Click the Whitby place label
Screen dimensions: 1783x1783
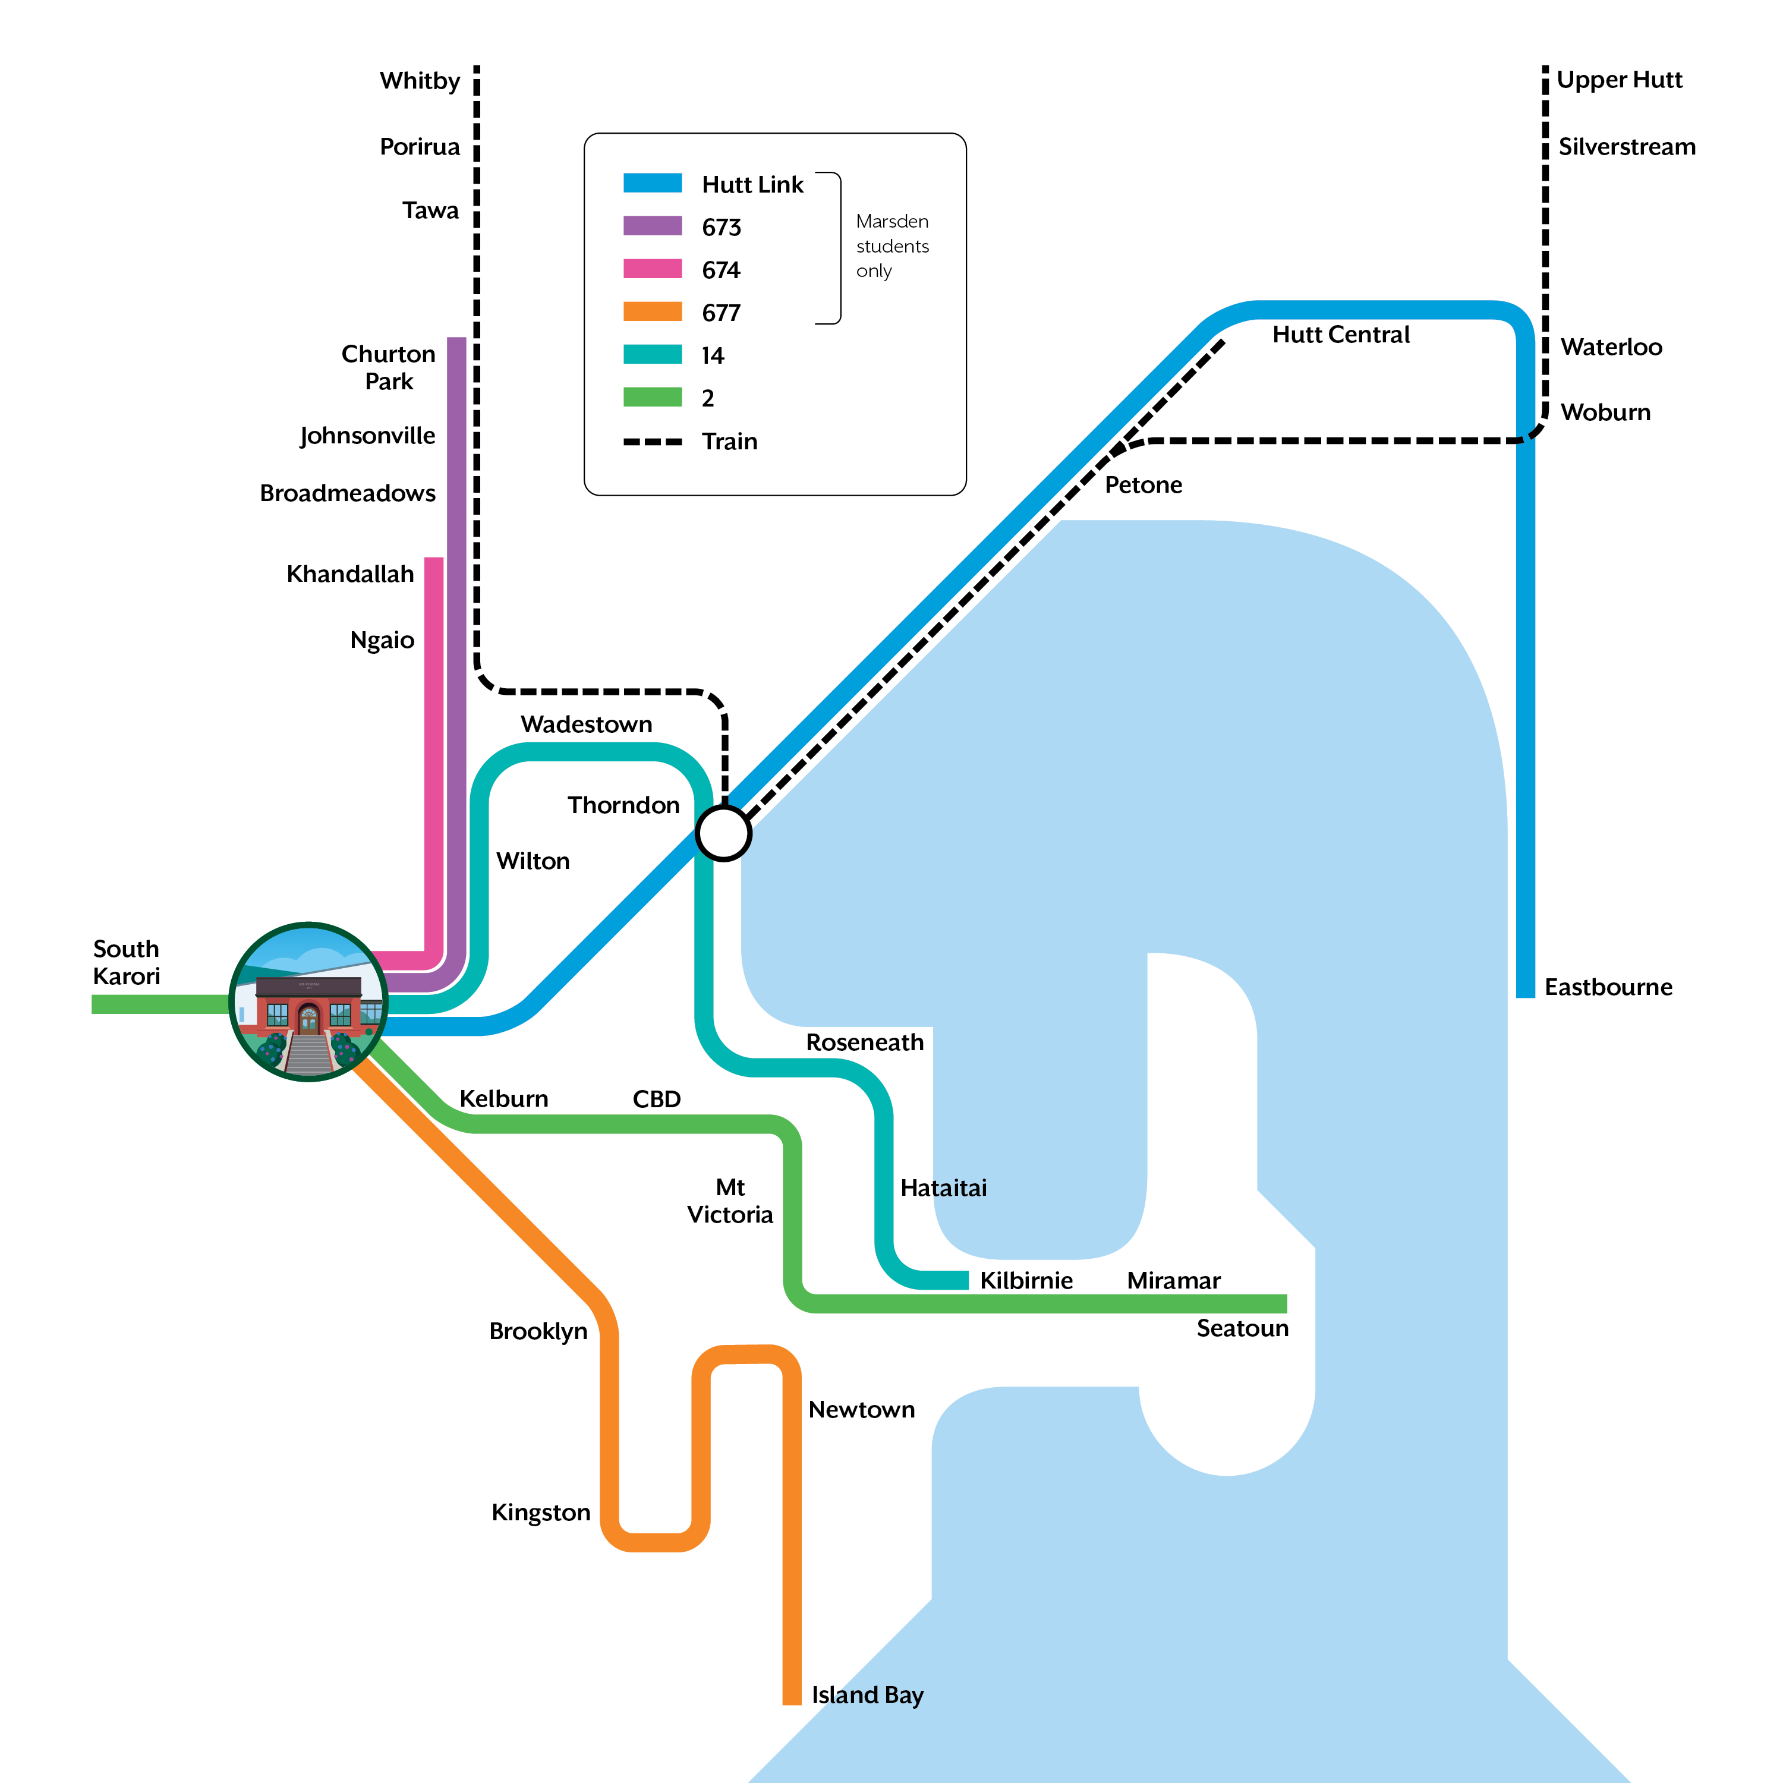click(420, 81)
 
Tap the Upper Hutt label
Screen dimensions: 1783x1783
click(1619, 80)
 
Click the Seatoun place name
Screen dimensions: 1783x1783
click(1242, 1329)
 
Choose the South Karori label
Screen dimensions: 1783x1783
click(127, 963)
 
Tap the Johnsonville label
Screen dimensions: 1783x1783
click(367, 436)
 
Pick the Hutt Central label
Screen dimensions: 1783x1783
click(1340, 335)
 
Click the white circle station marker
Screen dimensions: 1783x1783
click(723, 833)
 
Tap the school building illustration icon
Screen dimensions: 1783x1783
click(308, 1001)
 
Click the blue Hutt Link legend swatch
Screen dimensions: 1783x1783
click(653, 184)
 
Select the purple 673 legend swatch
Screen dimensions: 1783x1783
click(653, 226)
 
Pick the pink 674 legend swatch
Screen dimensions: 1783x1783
click(653, 269)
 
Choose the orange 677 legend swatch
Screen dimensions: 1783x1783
click(653, 312)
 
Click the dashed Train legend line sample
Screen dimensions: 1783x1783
click(653, 442)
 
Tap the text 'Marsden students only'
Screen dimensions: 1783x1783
click(892, 247)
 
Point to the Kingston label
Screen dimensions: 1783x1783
click(541, 1513)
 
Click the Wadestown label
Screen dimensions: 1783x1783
click(586, 724)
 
